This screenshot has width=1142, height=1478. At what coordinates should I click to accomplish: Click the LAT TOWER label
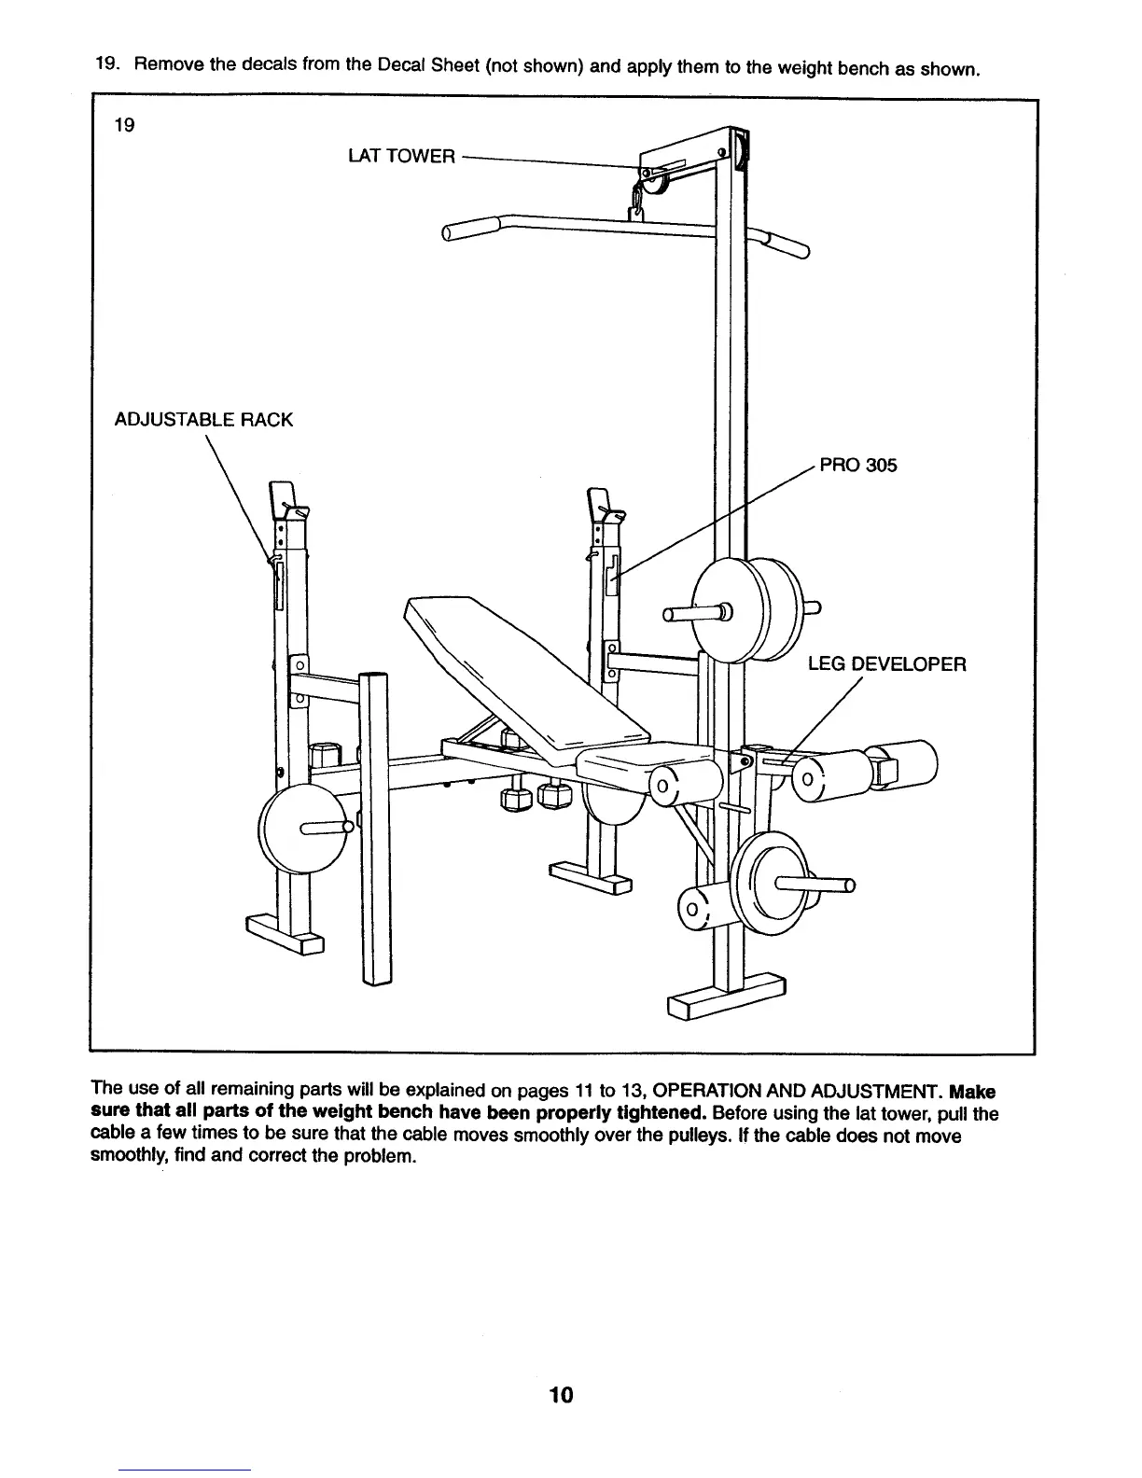click(401, 156)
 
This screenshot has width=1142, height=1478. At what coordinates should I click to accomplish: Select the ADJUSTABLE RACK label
click(203, 420)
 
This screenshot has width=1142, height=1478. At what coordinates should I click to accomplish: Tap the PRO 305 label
click(857, 465)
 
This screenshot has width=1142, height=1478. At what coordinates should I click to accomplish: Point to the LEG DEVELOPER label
click(886, 664)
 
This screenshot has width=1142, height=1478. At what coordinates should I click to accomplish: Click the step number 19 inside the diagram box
click(124, 125)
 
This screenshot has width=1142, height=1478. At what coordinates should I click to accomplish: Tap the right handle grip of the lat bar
click(787, 244)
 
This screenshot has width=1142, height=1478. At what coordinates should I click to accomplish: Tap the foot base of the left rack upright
click(285, 935)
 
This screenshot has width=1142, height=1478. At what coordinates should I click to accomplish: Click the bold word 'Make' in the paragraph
click(971, 1092)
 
